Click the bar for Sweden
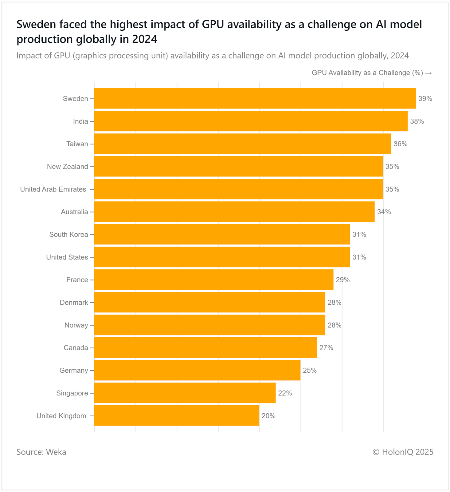point(255,98)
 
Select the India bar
point(251,121)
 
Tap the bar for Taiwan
point(243,144)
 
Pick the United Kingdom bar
point(177,415)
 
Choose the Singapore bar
point(185,393)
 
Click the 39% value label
point(425,99)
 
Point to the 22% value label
point(285,393)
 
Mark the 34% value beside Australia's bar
point(384,212)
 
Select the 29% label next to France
point(342,280)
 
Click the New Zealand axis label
point(67,167)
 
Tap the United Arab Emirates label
point(53,189)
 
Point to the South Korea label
point(68,235)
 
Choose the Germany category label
point(74,371)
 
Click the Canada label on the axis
point(76,348)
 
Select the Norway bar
point(209,325)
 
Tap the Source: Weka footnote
point(41,452)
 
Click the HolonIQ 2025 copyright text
point(403,452)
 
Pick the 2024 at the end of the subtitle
point(400,56)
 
